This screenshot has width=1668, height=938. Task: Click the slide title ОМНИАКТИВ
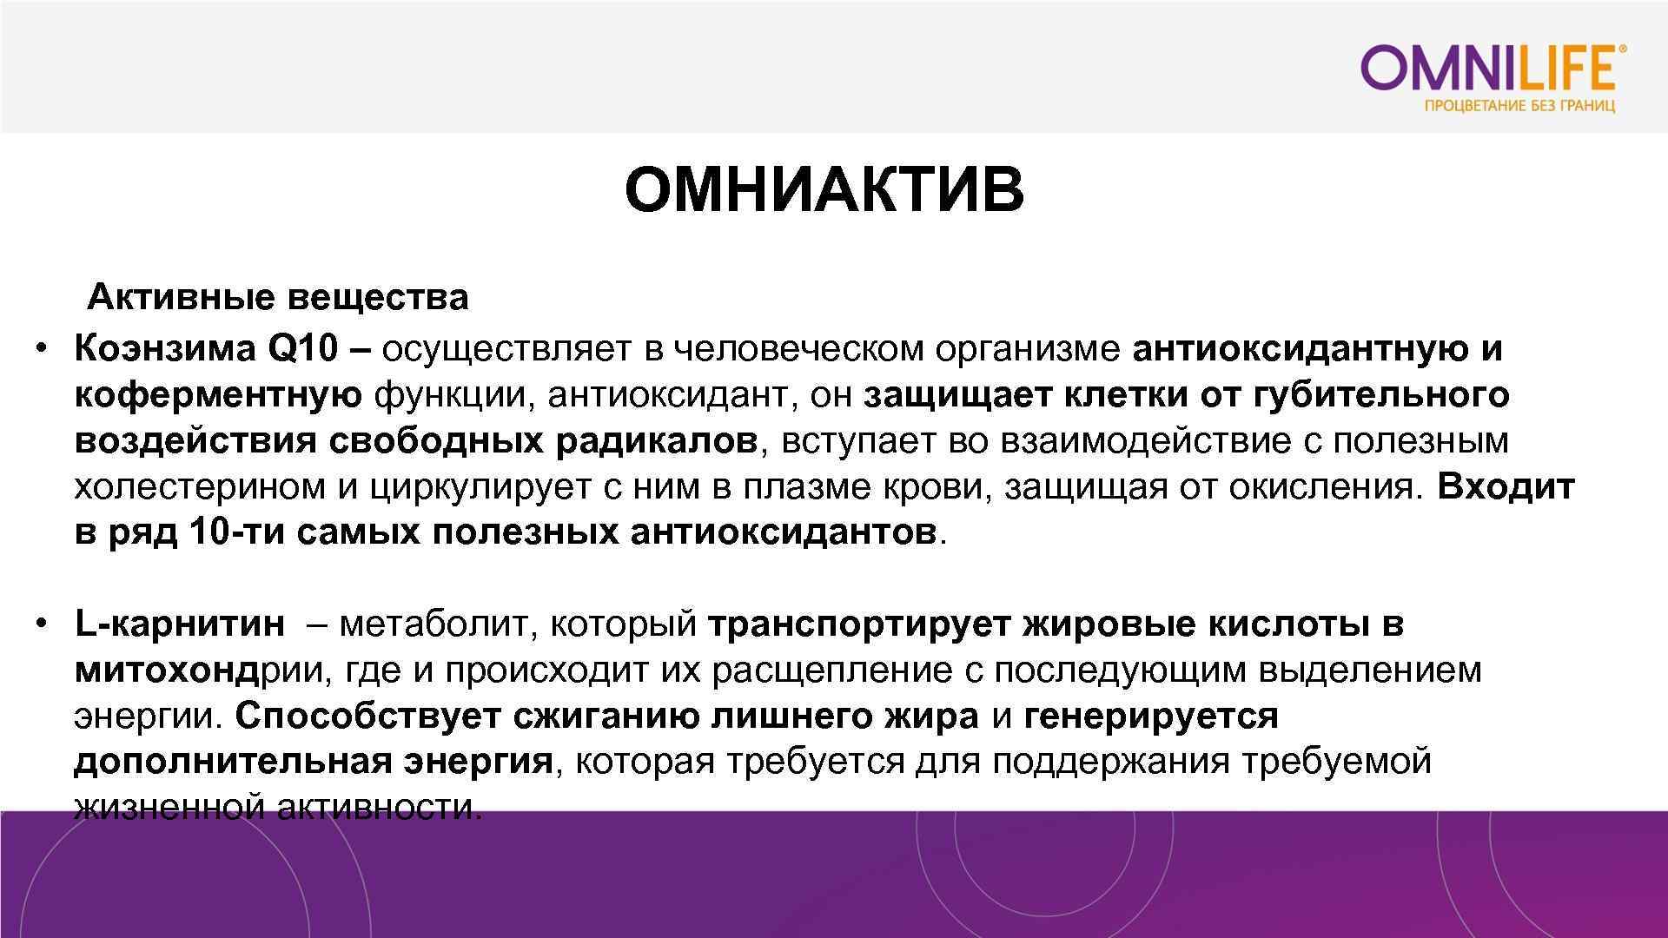[x=824, y=190]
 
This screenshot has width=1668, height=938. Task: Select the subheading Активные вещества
[x=278, y=298]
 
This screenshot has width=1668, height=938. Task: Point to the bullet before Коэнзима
[x=41, y=349]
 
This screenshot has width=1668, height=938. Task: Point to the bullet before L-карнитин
[x=41, y=624]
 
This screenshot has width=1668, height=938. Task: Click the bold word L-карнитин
[x=180, y=624]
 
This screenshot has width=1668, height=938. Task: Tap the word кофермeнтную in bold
[x=218, y=395]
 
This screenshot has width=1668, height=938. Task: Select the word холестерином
[x=201, y=487]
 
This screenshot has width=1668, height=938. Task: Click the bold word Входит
[x=1506, y=487]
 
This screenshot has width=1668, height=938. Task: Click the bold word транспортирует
[x=860, y=624]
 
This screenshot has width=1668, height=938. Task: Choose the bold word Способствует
[x=368, y=717]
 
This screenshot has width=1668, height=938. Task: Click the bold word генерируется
[x=1151, y=717]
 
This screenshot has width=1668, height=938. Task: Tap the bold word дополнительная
[x=234, y=763]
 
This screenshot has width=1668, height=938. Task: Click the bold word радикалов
[x=657, y=441]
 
